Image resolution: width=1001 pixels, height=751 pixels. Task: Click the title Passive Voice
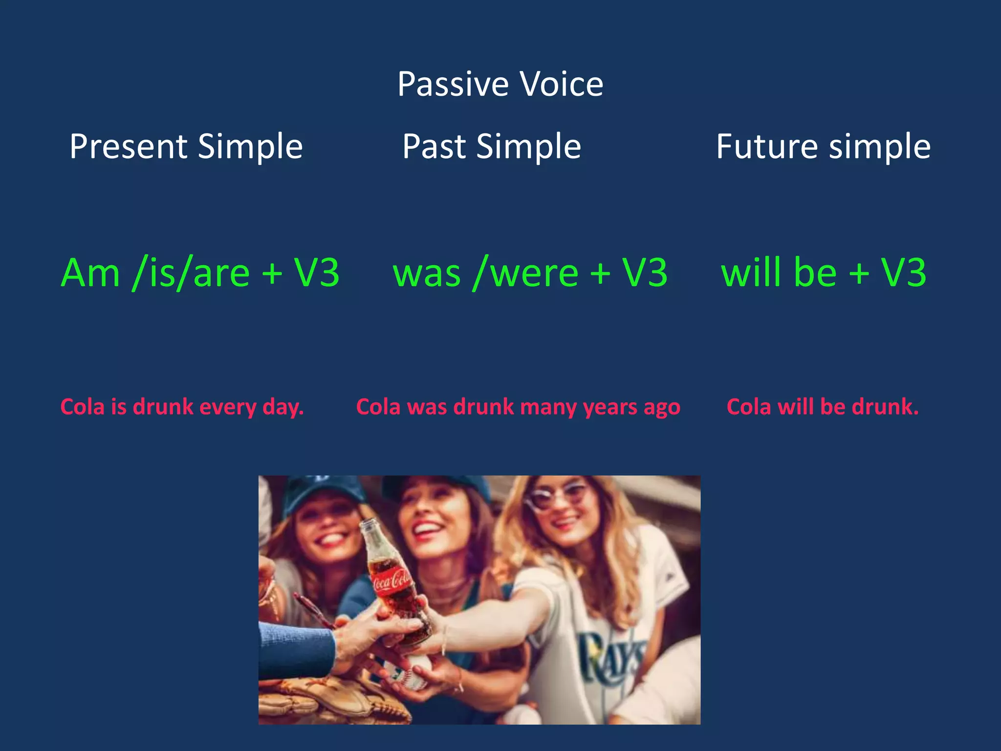click(x=500, y=84)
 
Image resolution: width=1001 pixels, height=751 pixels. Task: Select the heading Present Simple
click(x=186, y=146)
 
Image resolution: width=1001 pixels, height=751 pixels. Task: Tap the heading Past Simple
click(x=491, y=146)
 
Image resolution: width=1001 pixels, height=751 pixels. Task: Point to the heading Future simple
click(x=823, y=146)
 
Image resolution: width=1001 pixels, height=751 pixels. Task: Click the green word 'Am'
click(x=90, y=273)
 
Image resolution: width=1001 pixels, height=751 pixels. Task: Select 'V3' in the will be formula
click(x=903, y=273)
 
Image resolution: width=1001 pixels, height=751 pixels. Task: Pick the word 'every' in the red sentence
click(x=228, y=407)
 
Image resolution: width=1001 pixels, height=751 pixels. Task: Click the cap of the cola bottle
click(x=369, y=525)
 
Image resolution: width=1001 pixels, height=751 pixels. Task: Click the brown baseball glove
click(x=332, y=702)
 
